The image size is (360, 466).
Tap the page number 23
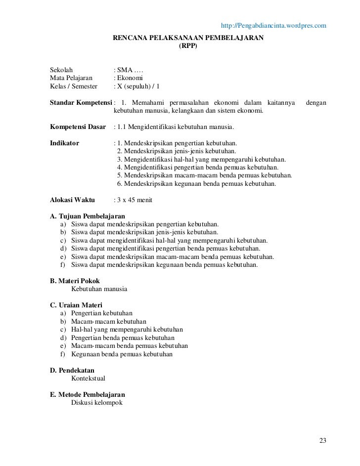(x=323, y=441)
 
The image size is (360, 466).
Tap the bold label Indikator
(x=65, y=143)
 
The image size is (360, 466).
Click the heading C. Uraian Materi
(x=77, y=305)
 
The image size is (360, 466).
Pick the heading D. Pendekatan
(x=72, y=370)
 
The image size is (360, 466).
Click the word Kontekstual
(x=91, y=379)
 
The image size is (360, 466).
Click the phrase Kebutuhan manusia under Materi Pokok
(x=99, y=289)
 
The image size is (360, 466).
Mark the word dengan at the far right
(x=316, y=102)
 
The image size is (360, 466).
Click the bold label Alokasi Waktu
(x=73, y=200)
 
